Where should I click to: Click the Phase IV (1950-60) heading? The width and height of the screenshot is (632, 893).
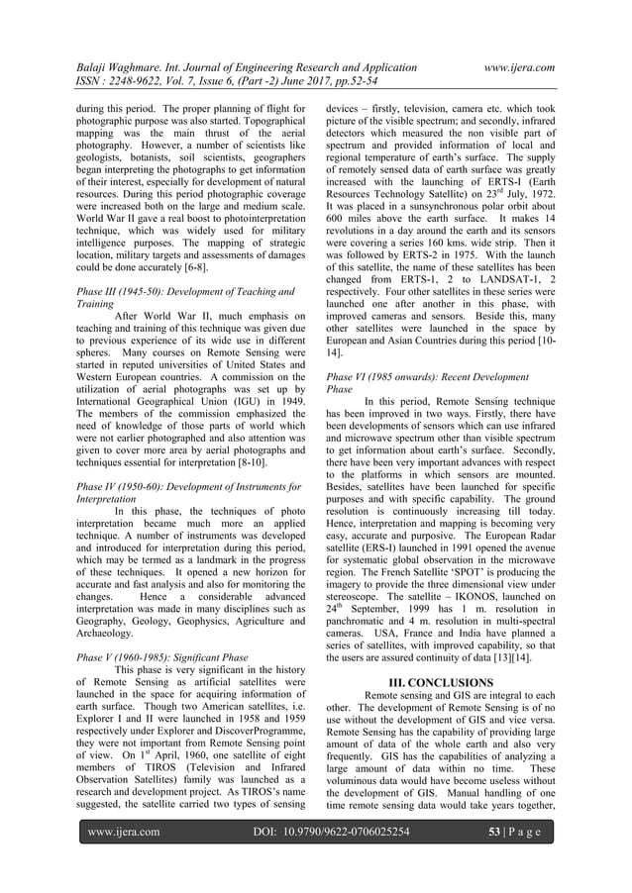(185, 486)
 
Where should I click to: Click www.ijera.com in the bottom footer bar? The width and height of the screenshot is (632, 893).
(125, 860)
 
